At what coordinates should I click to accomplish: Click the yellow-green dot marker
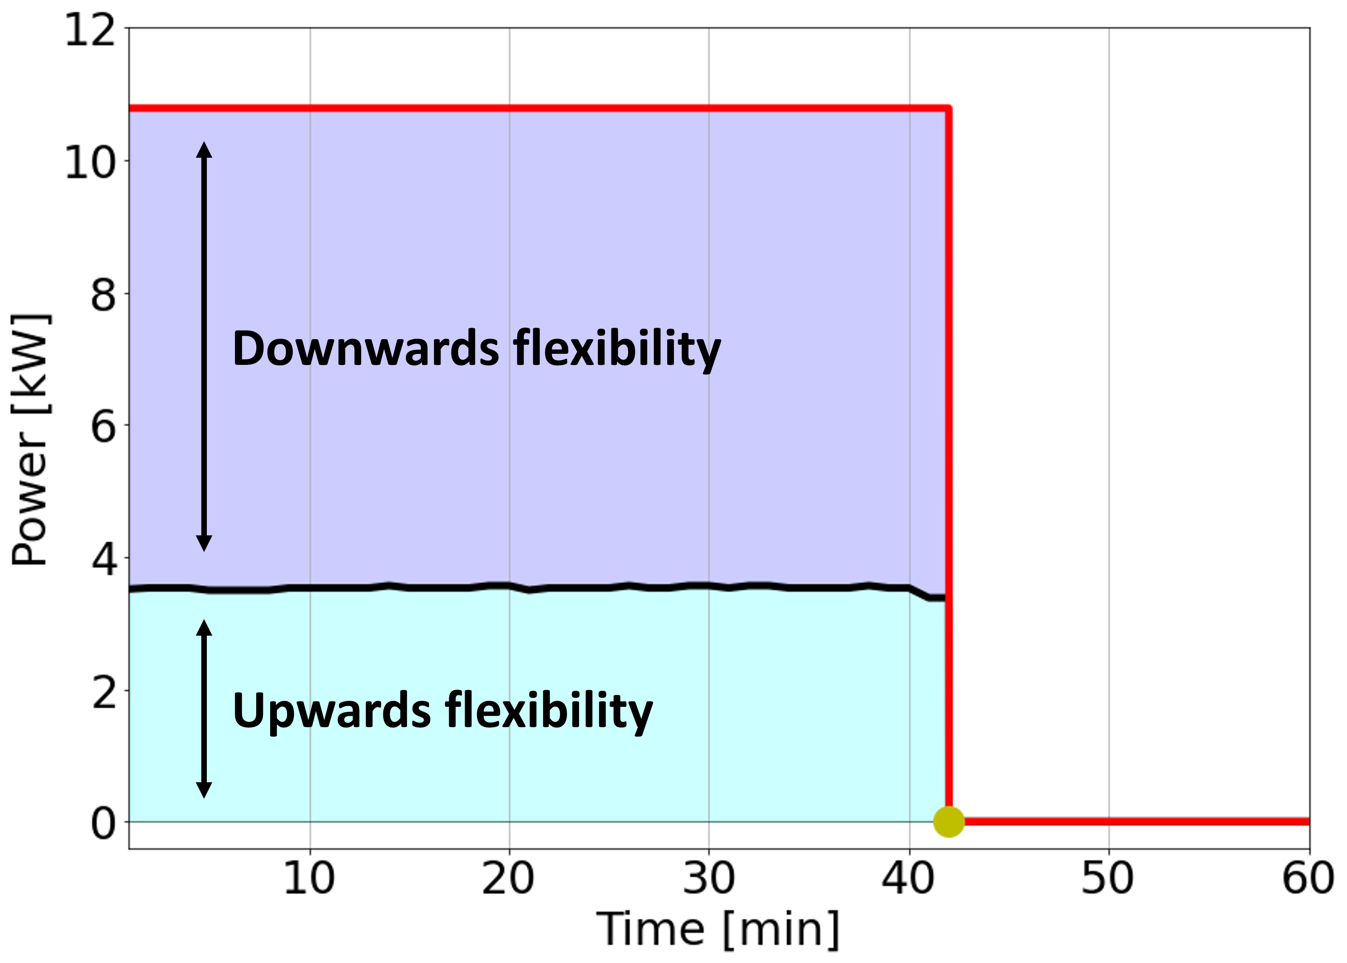point(948,821)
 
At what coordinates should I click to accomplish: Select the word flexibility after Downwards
point(617,349)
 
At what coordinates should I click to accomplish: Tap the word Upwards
point(331,710)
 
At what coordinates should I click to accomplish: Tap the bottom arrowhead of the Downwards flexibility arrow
point(204,543)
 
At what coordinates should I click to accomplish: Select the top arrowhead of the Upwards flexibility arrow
point(204,628)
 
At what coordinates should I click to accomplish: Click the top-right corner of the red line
point(948,108)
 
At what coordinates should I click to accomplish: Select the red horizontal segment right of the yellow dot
point(1127,821)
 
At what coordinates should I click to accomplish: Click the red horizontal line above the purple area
point(534,108)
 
